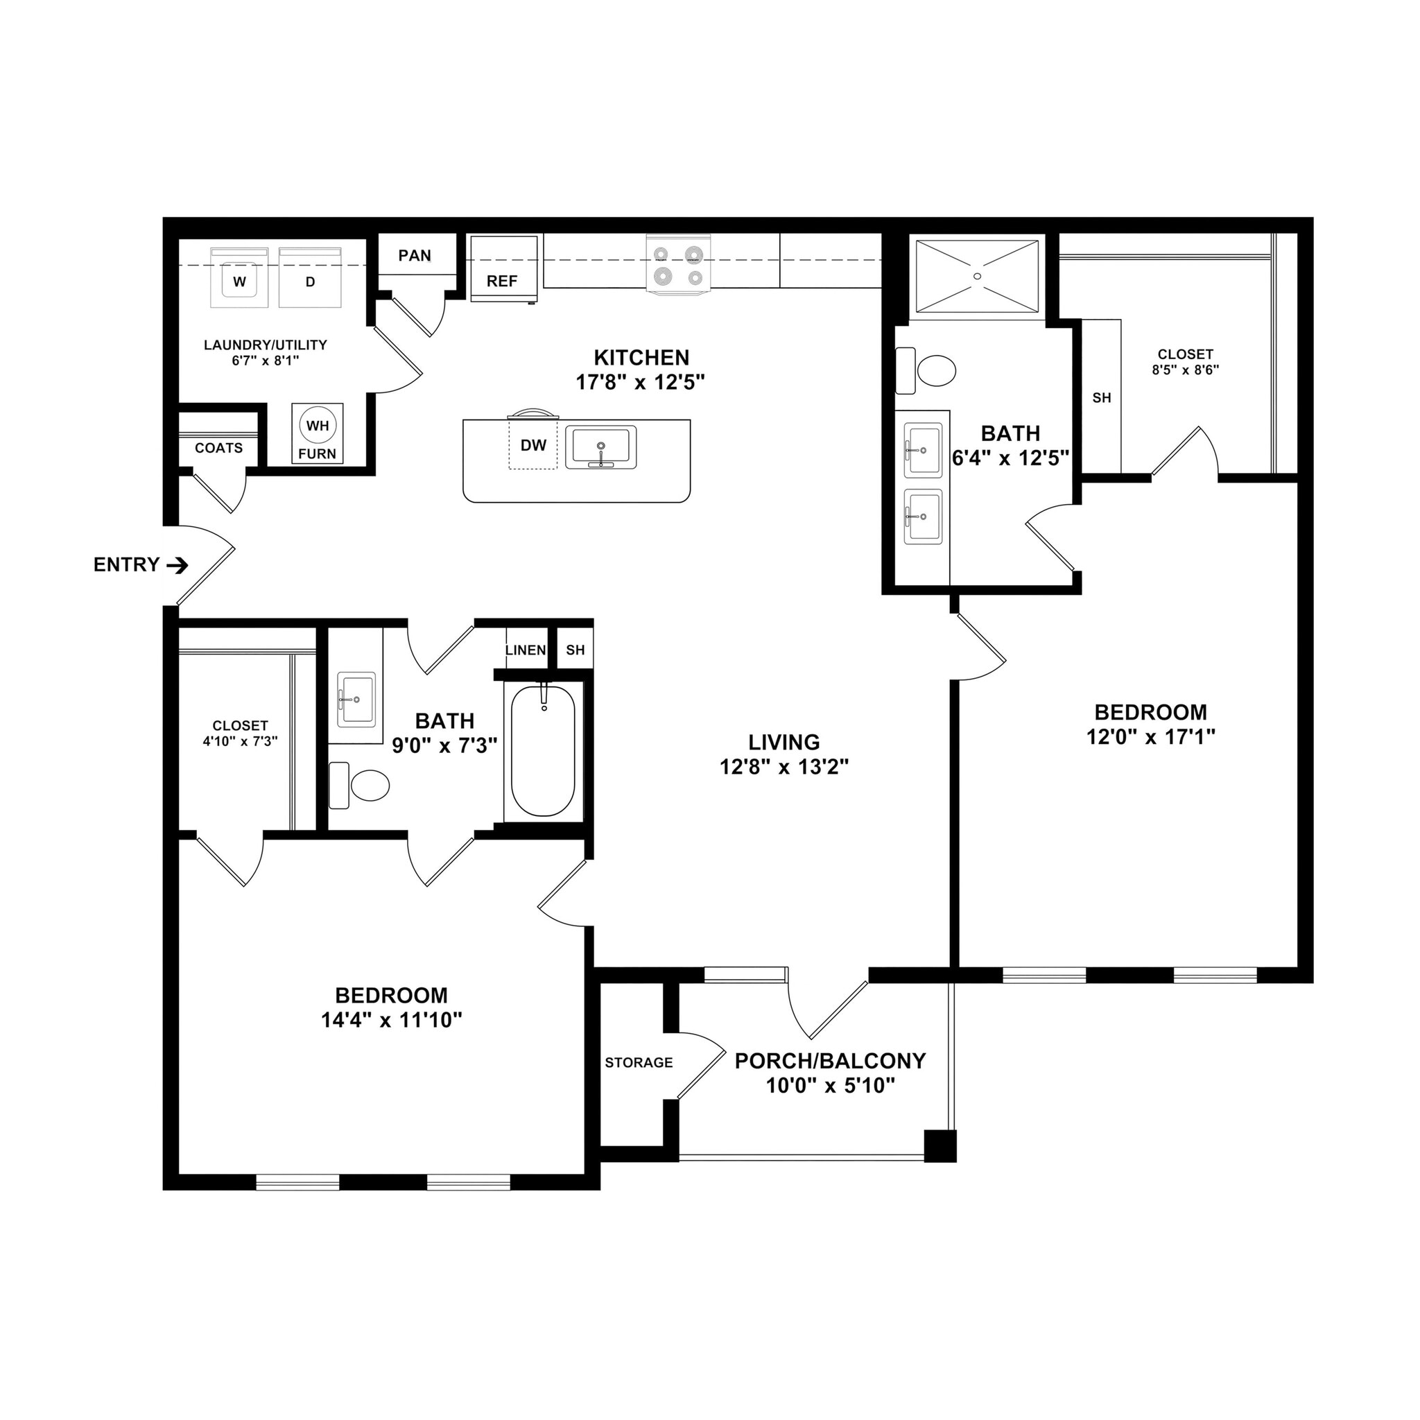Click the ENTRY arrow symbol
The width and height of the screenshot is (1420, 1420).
(177, 565)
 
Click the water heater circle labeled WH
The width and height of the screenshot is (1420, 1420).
(318, 426)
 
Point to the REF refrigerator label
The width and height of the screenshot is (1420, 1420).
(502, 281)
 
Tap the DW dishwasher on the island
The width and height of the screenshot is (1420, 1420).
(533, 444)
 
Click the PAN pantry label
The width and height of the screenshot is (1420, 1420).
(415, 255)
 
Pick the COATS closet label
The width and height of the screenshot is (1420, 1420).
(218, 448)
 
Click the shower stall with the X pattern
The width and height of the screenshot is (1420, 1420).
(977, 276)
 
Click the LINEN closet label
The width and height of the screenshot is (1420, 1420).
(526, 650)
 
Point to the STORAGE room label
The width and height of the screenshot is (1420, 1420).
(639, 1062)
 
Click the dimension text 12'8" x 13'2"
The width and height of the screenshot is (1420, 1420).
(784, 768)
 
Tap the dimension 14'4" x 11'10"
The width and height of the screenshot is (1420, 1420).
(391, 1020)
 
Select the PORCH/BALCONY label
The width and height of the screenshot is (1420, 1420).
(831, 1060)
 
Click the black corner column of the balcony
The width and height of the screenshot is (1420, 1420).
(940, 1146)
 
